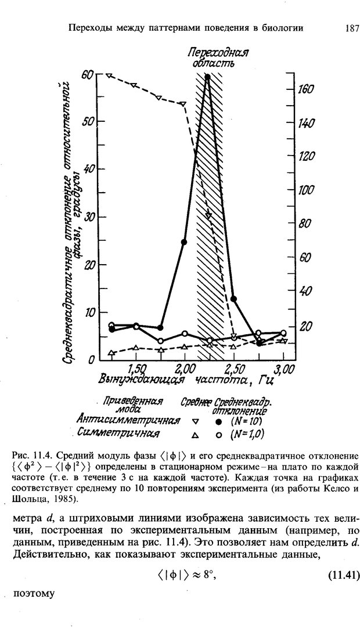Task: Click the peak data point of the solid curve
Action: (207, 77)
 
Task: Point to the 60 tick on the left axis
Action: (88, 74)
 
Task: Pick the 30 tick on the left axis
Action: (88, 217)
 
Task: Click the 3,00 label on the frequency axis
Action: (284, 369)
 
